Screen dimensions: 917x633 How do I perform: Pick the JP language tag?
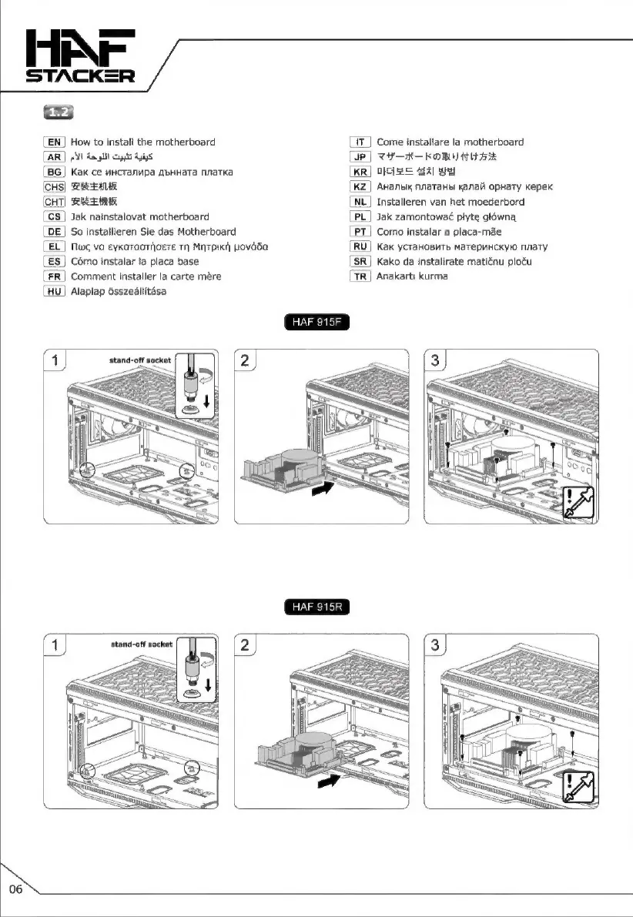(x=360, y=157)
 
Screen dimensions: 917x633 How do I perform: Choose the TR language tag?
(x=360, y=276)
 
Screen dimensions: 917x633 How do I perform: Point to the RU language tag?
(x=360, y=246)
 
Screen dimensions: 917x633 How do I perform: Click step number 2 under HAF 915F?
(x=244, y=360)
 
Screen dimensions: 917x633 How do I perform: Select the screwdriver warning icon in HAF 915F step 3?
(x=578, y=504)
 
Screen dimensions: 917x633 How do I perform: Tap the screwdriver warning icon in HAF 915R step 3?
(x=579, y=788)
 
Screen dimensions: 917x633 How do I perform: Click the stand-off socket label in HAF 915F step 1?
(x=139, y=360)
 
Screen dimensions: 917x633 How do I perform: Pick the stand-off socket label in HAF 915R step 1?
(x=139, y=642)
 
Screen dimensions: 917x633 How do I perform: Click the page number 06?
(x=16, y=890)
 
